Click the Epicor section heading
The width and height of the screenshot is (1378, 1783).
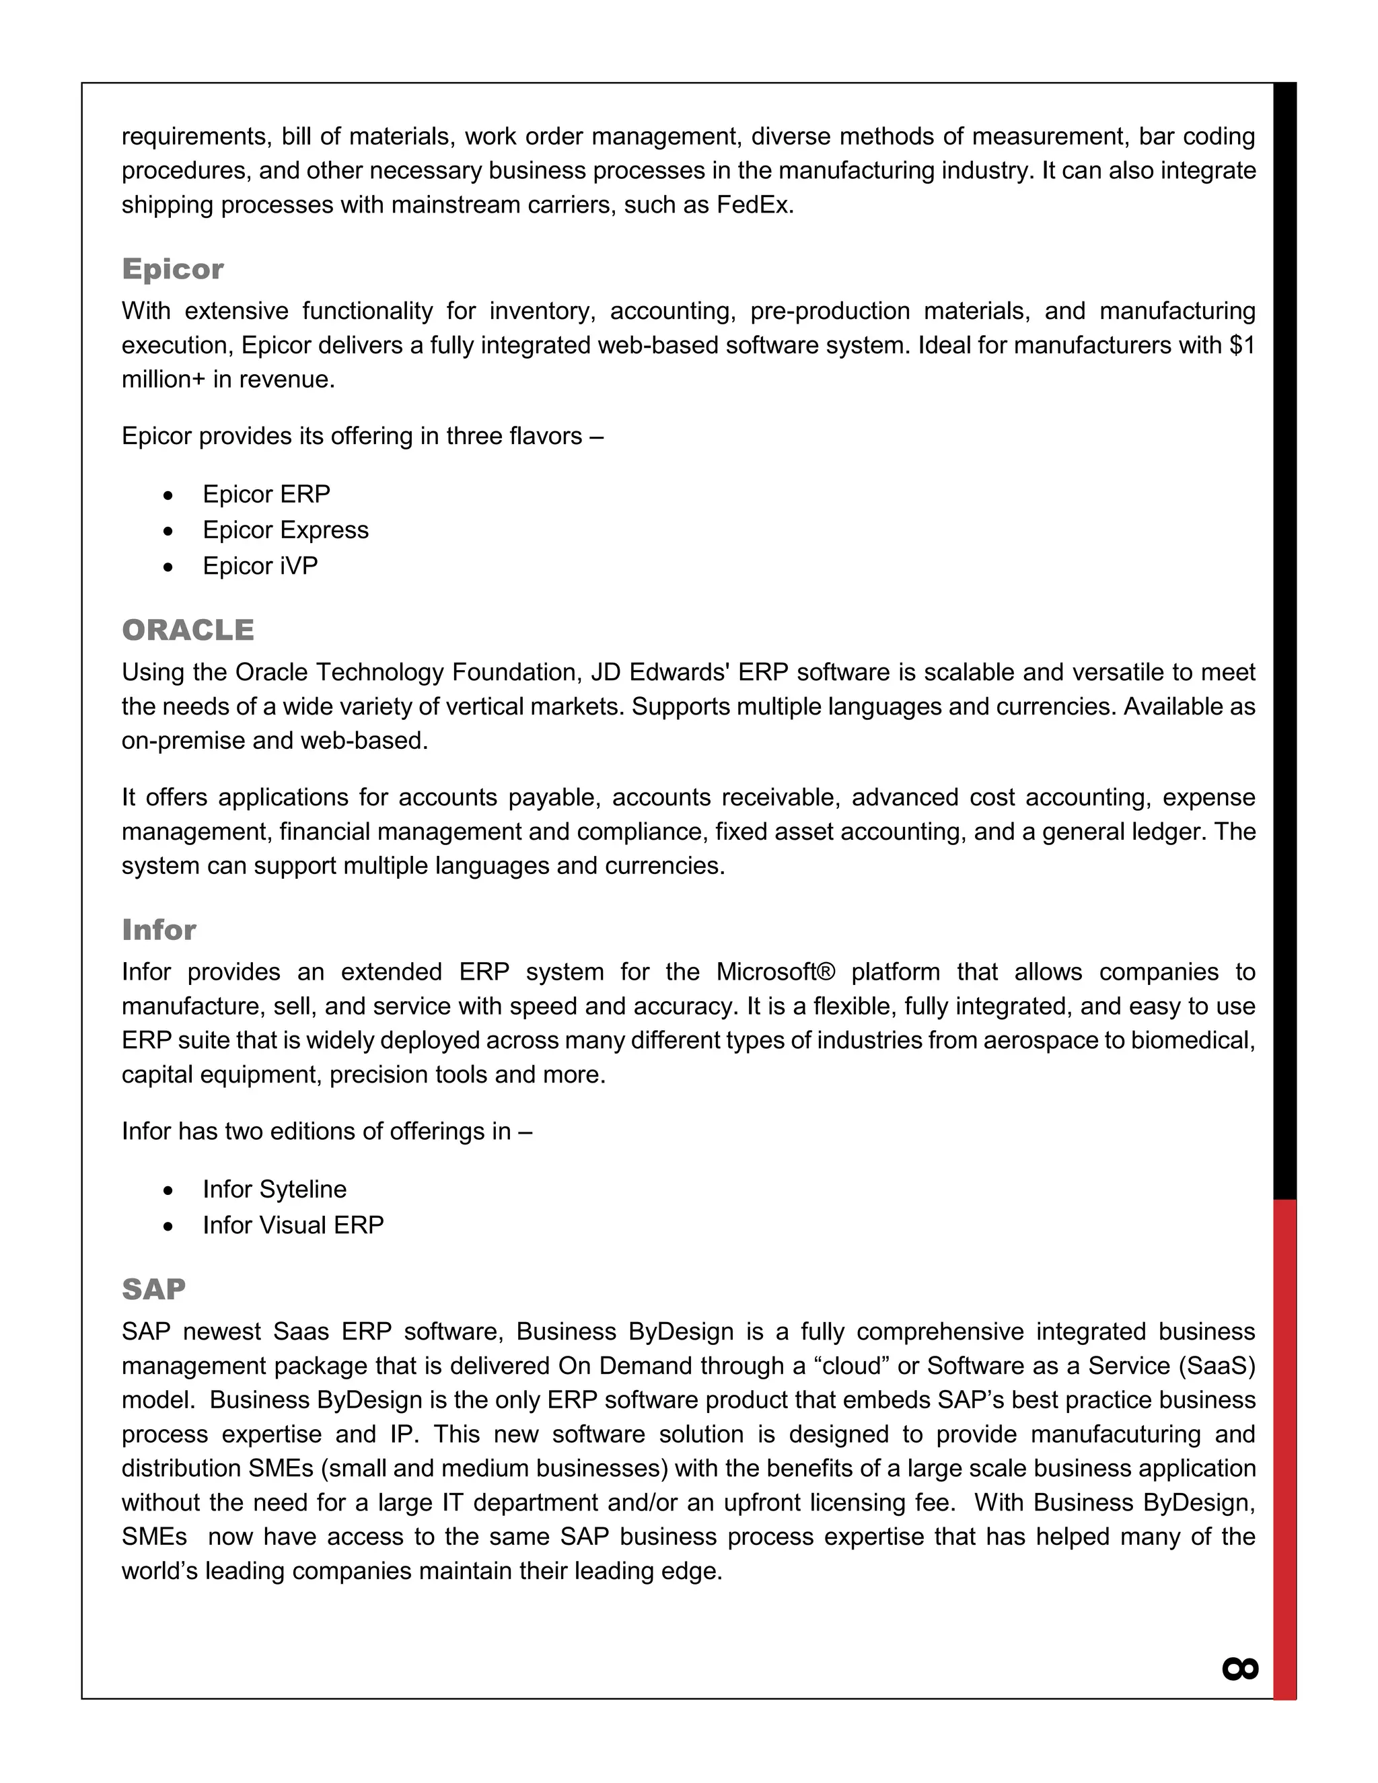(x=172, y=268)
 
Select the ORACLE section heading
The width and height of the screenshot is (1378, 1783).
(x=188, y=630)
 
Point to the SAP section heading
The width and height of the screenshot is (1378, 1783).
(x=153, y=1289)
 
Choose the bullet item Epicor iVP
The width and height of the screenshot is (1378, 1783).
(x=260, y=566)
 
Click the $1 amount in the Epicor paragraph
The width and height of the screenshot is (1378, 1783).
(x=1241, y=345)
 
